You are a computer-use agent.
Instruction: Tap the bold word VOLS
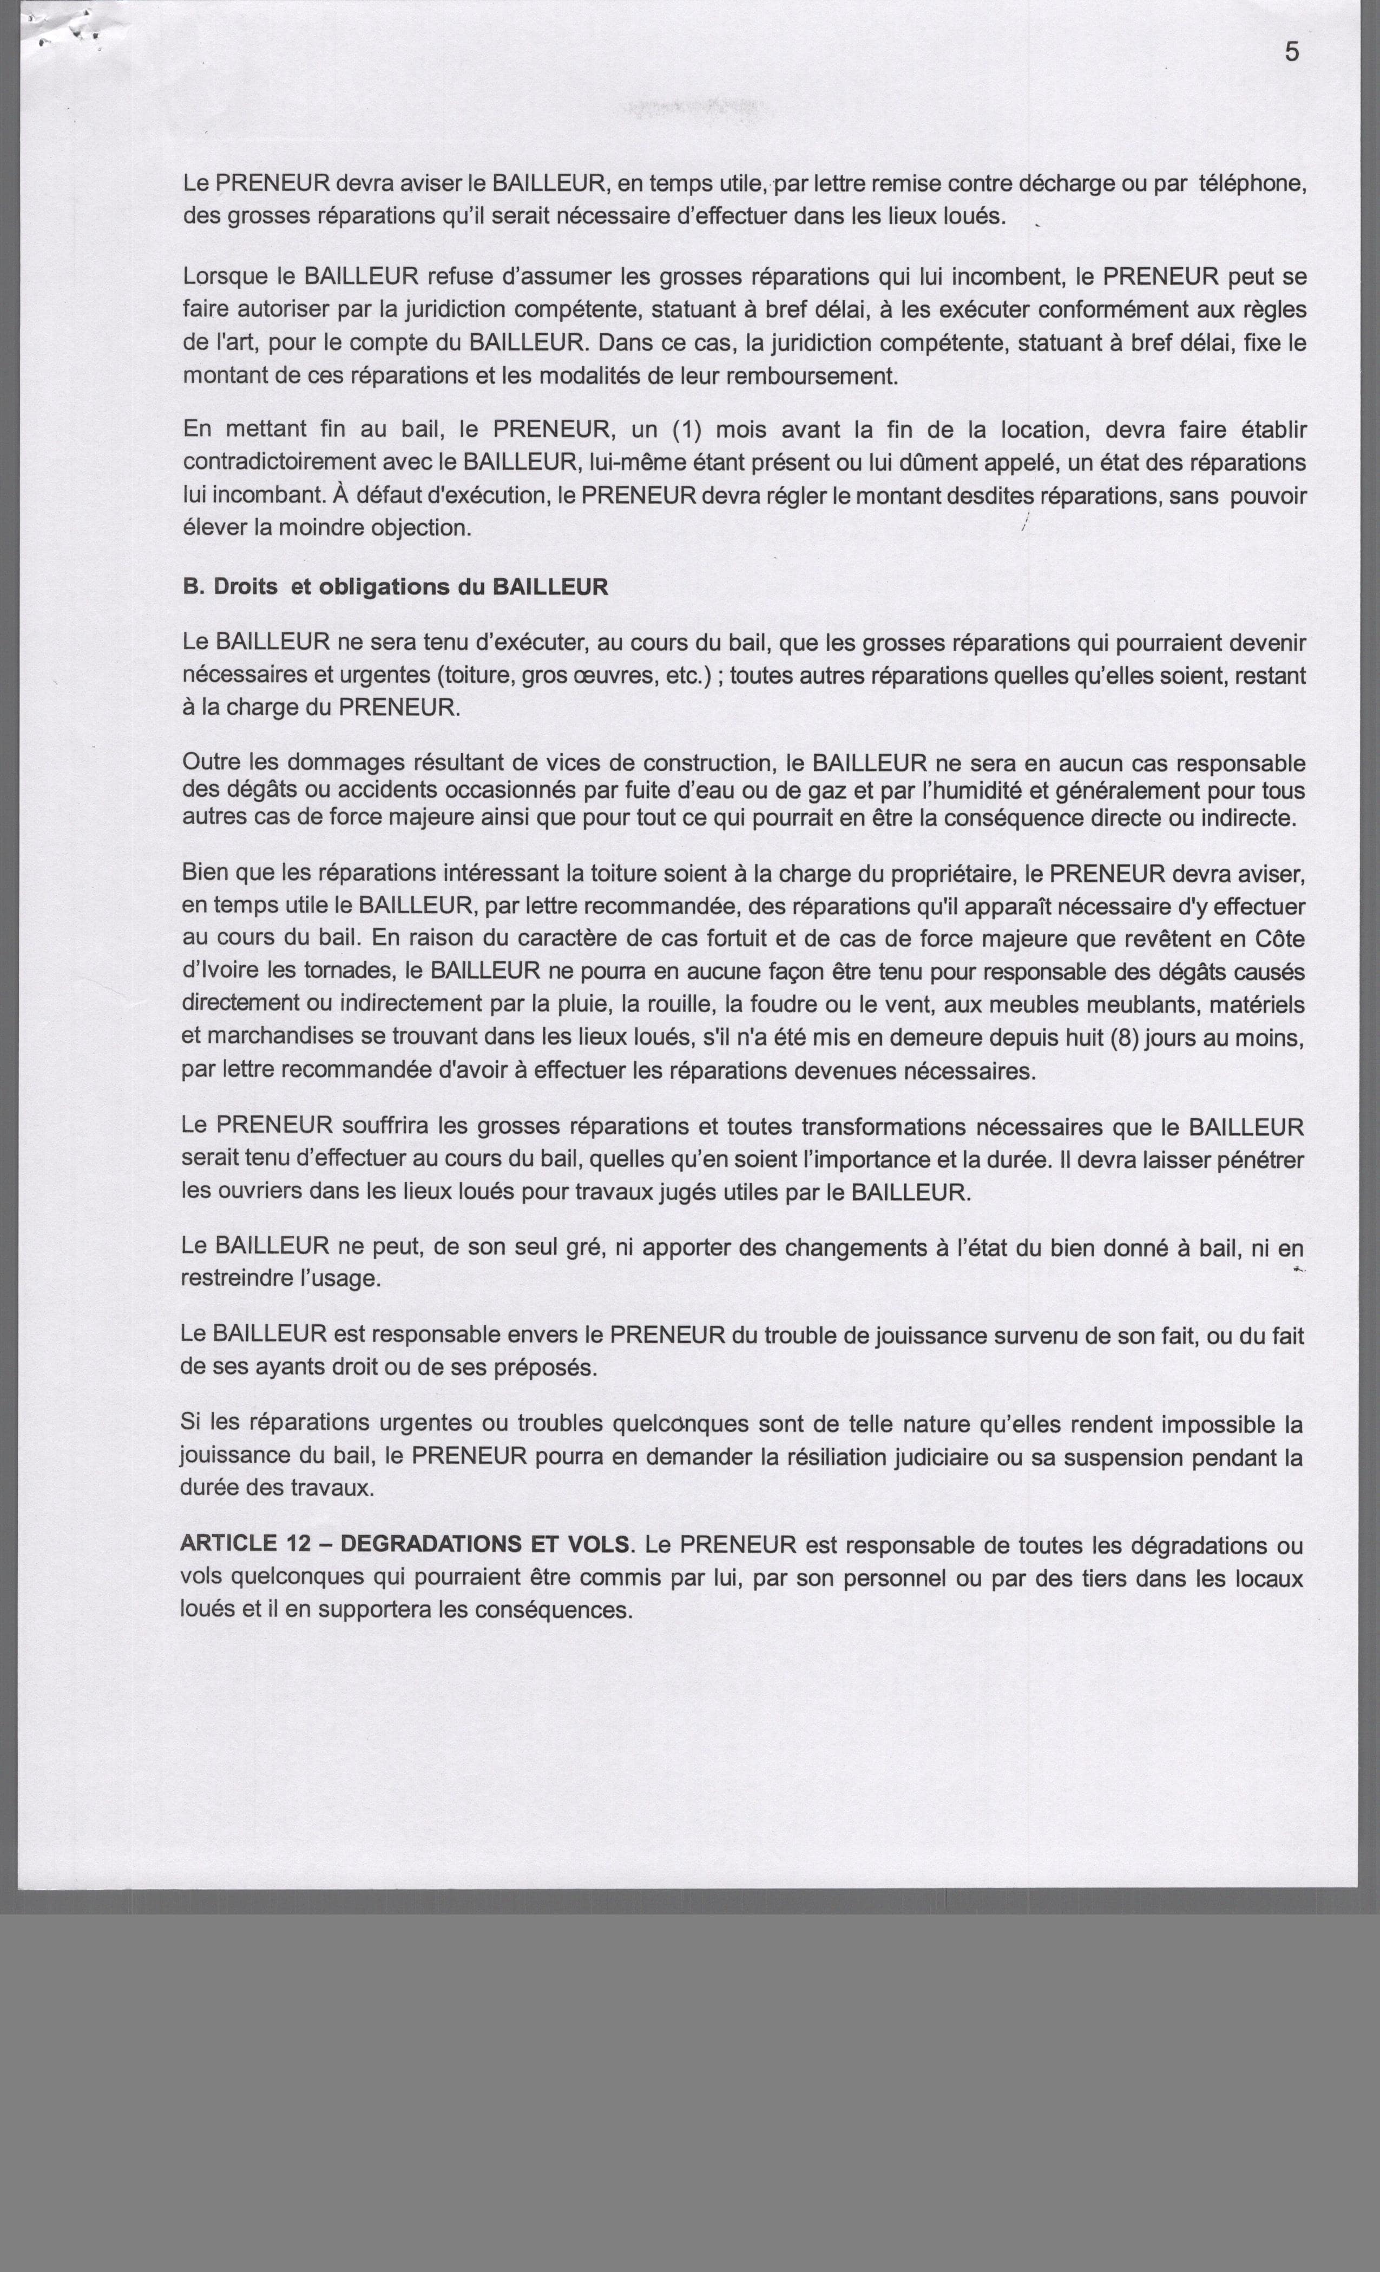click(602, 1544)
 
